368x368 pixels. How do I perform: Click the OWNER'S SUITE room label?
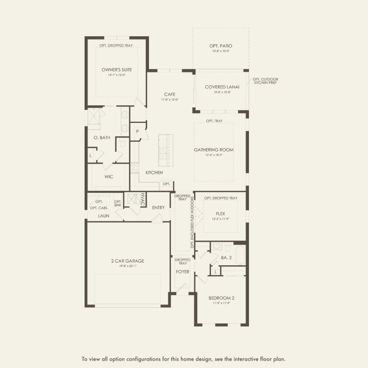coord(116,70)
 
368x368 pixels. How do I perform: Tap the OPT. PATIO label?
coord(221,46)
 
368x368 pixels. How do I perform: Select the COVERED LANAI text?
coord(222,87)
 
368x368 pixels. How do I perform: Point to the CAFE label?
coord(170,94)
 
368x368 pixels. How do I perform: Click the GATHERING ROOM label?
coord(214,150)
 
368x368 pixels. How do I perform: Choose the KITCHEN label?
coord(154,172)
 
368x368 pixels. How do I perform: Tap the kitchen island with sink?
coord(166,148)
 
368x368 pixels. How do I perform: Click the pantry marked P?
coord(138,131)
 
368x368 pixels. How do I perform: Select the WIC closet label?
coord(109,177)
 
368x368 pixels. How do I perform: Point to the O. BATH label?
coord(102,138)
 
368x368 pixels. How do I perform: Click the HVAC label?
coord(142,200)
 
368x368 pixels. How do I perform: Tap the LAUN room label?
coord(104,216)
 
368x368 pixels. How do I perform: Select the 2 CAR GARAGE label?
coord(127,261)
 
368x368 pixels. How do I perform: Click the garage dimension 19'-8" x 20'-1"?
coord(127,266)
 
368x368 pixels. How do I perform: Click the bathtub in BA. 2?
coord(240,255)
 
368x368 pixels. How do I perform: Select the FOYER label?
coord(182,271)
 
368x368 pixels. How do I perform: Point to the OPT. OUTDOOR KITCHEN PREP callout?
coord(265,81)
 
